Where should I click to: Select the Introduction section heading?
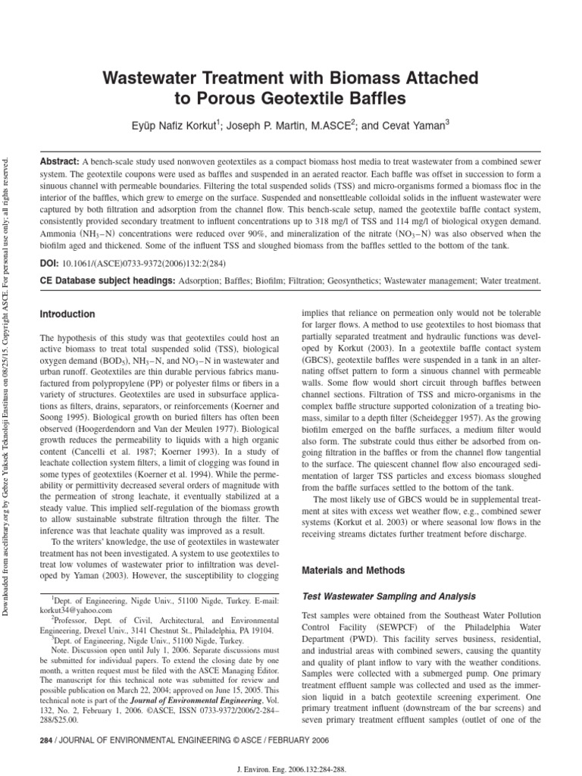pyautogui.click(x=67, y=314)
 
